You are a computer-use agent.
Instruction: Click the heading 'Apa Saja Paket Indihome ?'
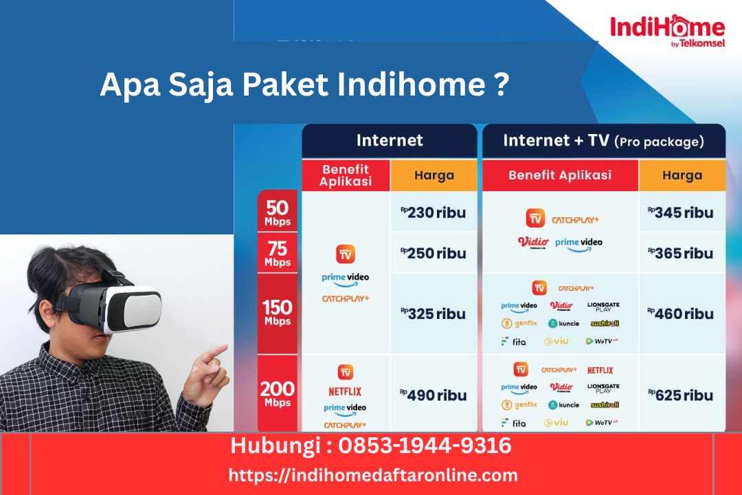tap(304, 85)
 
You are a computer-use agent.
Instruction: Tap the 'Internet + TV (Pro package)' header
tap(603, 141)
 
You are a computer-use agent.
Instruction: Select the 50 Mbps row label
tap(278, 212)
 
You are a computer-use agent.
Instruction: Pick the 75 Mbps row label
tap(278, 252)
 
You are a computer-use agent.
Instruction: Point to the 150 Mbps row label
tap(278, 312)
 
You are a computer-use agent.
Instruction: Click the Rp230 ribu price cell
tap(434, 212)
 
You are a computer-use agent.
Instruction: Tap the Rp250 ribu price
tap(434, 253)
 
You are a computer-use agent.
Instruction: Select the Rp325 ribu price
tap(434, 313)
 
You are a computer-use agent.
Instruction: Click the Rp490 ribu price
tap(434, 395)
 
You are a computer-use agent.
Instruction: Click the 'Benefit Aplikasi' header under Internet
tap(346, 175)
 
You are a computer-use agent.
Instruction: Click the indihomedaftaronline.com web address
tap(373, 475)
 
